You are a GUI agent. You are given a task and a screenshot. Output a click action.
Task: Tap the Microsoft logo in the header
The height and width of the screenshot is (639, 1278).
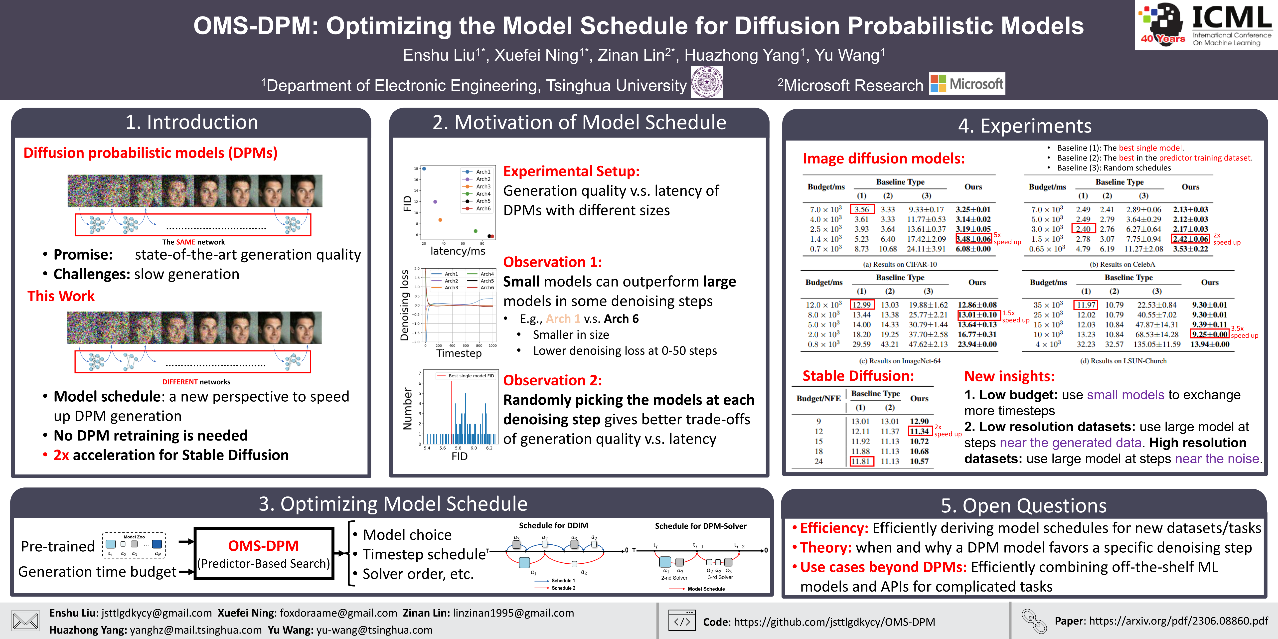click(x=966, y=84)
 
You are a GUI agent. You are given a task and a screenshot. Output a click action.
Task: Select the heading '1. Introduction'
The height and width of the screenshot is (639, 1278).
click(x=191, y=122)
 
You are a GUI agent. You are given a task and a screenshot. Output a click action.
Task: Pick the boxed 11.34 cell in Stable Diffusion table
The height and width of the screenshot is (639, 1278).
click(x=919, y=431)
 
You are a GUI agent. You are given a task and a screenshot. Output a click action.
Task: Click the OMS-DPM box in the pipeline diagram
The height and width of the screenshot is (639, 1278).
click(x=263, y=553)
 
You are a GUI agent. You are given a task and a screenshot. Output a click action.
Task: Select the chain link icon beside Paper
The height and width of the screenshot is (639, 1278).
click(x=1034, y=621)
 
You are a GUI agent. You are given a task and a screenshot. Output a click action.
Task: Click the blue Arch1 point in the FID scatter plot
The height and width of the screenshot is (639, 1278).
click(x=424, y=169)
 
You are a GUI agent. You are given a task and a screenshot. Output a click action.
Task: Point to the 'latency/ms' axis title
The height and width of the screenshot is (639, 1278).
click(x=458, y=251)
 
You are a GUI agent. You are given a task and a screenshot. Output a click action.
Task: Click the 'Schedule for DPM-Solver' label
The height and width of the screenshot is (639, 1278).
click(x=700, y=526)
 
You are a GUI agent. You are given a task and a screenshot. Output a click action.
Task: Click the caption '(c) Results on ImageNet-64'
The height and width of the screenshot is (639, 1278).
click(x=899, y=361)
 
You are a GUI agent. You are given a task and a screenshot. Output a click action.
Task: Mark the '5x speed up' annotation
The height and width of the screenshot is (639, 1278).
click(x=1007, y=239)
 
